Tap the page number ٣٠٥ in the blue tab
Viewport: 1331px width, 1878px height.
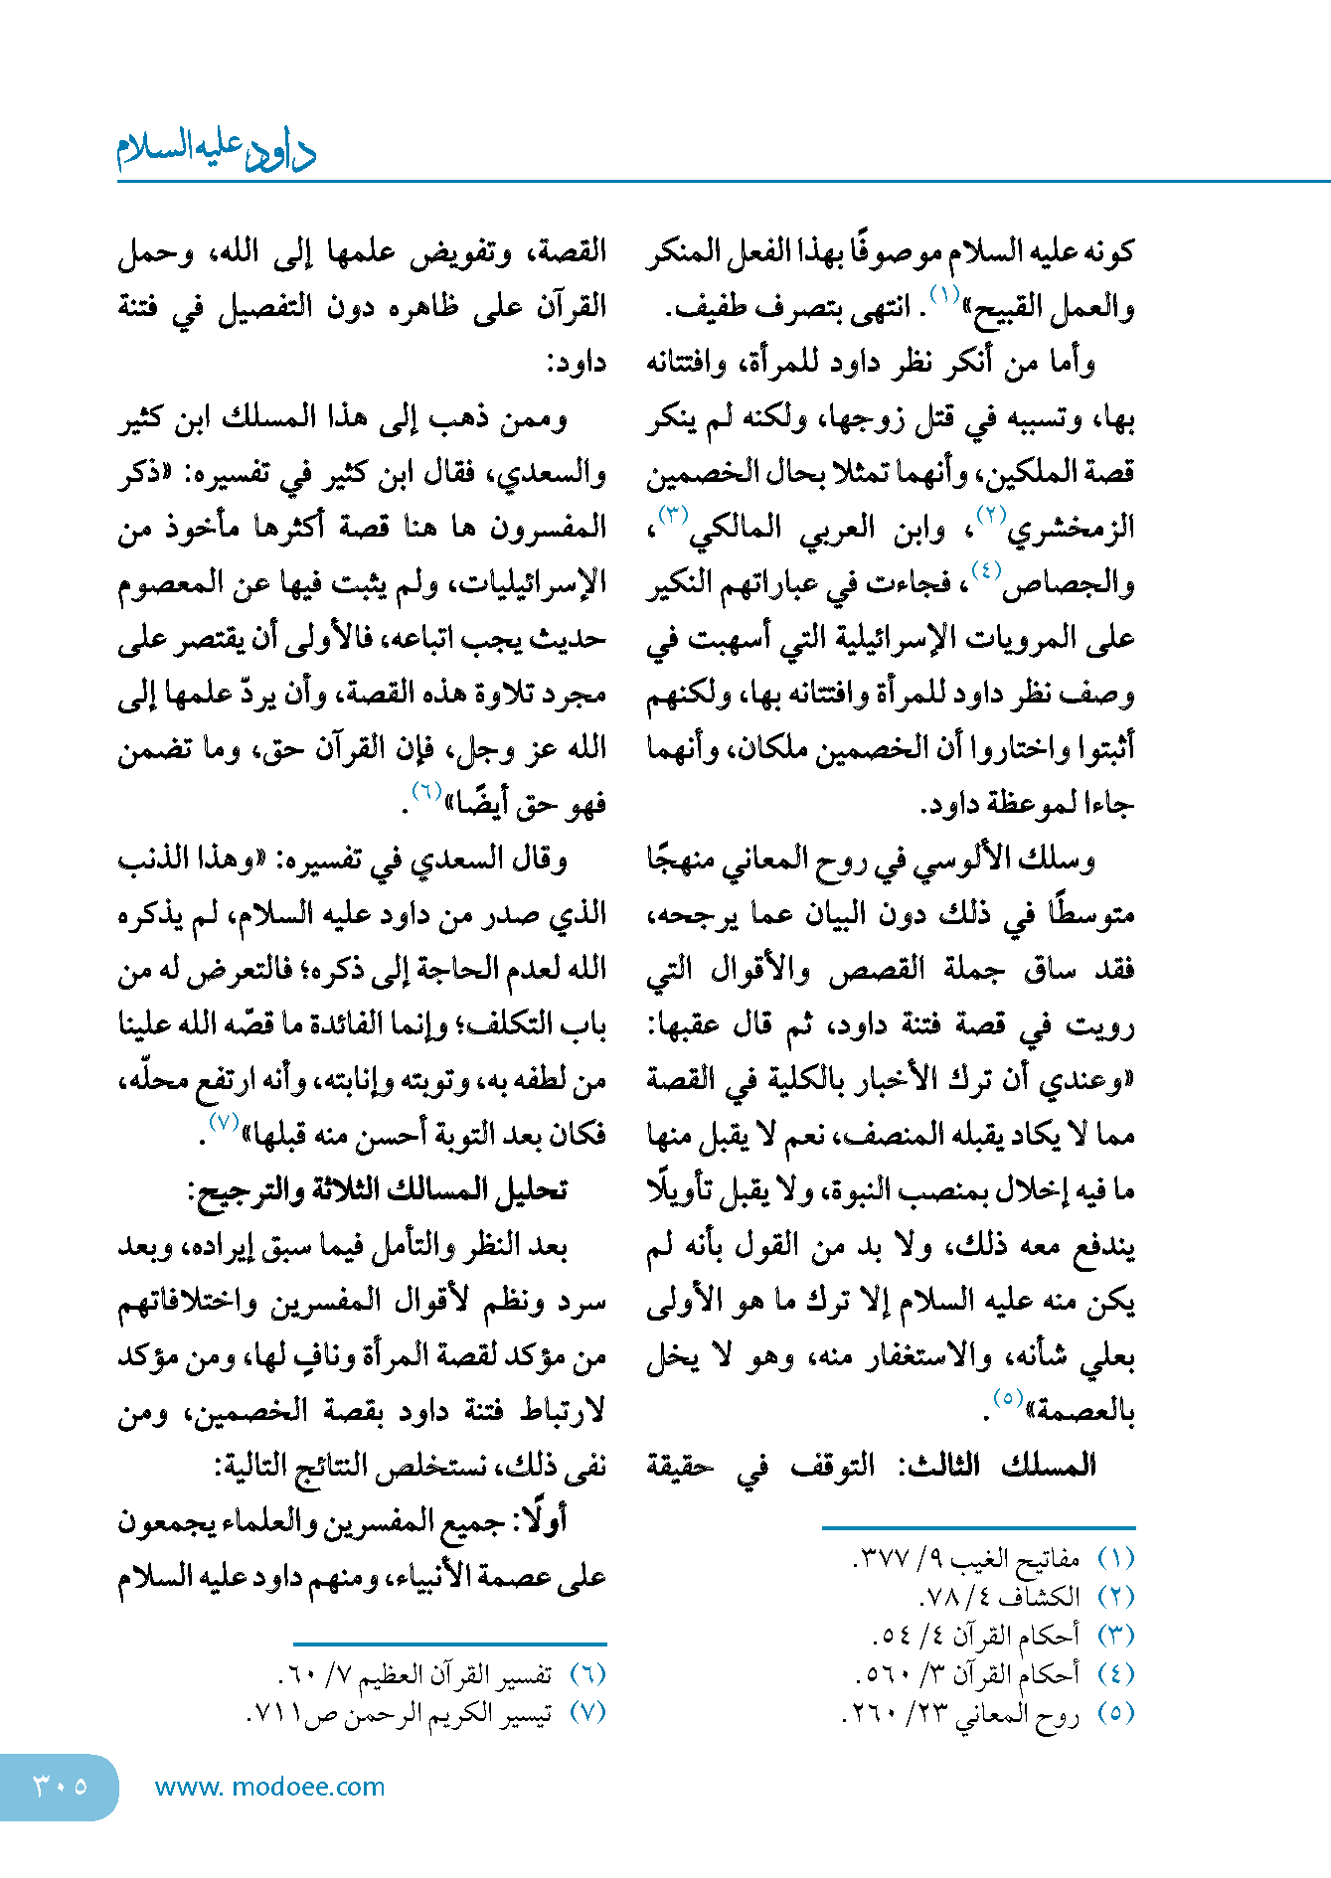(x=61, y=1786)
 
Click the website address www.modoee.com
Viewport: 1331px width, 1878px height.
(x=269, y=1787)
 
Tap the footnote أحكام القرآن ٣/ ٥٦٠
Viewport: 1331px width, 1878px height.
(x=968, y=1674)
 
